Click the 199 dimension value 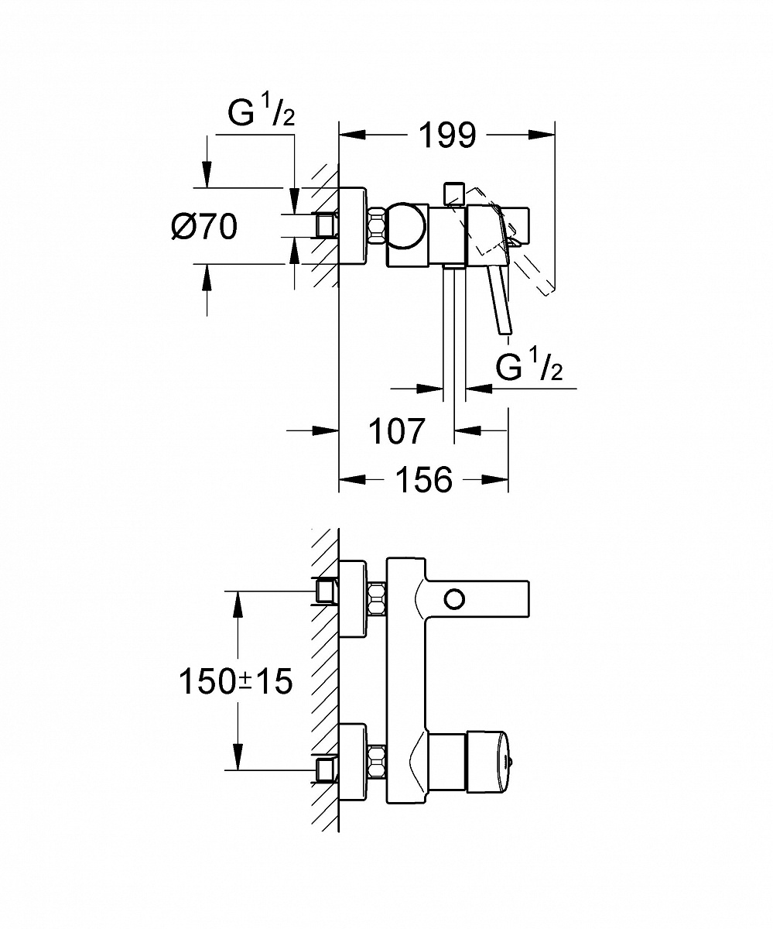(x=447, y=135)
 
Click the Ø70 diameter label (x=204, y=226)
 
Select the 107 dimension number (x=396, y=430)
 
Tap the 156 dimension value (x=423, y=480)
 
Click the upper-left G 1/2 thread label (x=261, y=114)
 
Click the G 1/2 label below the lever (x=529, y=369)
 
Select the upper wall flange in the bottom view (x=354, y=598)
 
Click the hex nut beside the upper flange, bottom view (x=377, y=598)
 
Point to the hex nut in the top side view (x=377, y=226)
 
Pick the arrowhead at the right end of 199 (x=545, y=135)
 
